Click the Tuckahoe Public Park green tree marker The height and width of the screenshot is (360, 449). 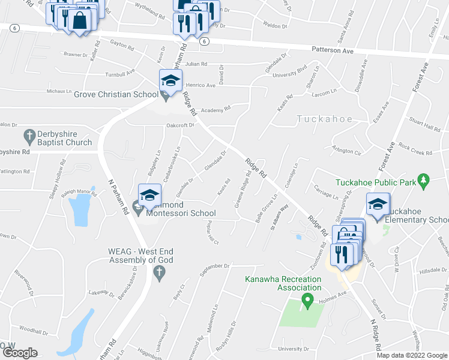tap(424, 179)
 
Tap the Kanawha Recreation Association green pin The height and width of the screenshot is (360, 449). tap(308, 299)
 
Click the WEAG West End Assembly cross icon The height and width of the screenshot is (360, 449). tap(159, 273)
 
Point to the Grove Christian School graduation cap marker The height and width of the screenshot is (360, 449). tap(170, 80)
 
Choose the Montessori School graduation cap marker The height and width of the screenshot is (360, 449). tap(149, 194)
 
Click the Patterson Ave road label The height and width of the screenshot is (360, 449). tap(331, 51)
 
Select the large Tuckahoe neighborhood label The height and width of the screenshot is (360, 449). tap(325, 119)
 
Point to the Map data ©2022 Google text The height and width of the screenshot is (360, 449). tap(412, 355)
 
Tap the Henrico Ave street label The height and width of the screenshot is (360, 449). tap(200, 85)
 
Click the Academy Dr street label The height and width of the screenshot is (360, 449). tap(215, 110)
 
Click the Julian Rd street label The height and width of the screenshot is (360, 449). tap(196, 64)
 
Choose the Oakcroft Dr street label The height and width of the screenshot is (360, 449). tap(181, 125)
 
